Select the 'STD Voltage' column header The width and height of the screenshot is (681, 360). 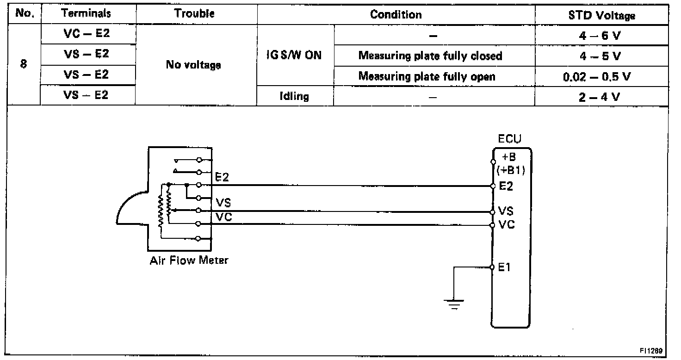(x=601, y=15)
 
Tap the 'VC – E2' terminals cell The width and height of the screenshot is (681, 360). (x=88, y=34)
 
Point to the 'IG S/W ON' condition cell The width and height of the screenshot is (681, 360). (x=295, y=56)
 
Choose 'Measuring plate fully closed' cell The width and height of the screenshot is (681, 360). (x=430, y=56)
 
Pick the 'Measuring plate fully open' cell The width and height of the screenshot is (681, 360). (x=427, y=76)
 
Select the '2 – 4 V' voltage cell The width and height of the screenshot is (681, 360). (x=601, y=97)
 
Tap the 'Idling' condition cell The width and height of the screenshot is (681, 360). (x=295, y=97)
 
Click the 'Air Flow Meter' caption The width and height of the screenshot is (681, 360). (x=189, y=260)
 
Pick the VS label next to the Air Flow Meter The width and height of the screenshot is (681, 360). (x=223, y=202)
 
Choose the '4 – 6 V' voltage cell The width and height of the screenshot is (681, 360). (x=601, y=36)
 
